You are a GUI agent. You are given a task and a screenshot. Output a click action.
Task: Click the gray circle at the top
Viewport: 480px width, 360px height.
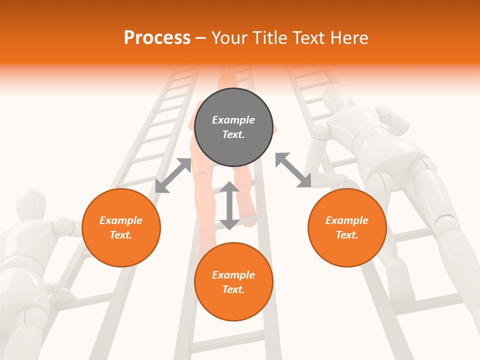pyautogui.click(x=233, y=127)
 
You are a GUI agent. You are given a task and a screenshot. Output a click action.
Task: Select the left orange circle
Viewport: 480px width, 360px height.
pyautogui.click(x=121, y=227)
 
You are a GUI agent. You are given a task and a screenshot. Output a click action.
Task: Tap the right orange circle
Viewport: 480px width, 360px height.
pyautogui.click(x=347, y=227)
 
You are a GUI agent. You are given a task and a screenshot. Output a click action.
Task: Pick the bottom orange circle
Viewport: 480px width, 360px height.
pyautogui.click(x=233, y=282)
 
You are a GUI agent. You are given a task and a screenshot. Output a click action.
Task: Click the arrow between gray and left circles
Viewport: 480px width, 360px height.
pyautogui.click(x=173, y=175)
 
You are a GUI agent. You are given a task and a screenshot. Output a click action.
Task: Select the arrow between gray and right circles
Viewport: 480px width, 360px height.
pyautogui.click(x=293, y=170)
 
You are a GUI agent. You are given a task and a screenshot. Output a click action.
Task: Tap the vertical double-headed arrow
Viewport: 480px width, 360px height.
pyautogui.click(x=229, y=205)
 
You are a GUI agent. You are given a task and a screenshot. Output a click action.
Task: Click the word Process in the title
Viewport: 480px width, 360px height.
pyautogui.click(x=157, y=37)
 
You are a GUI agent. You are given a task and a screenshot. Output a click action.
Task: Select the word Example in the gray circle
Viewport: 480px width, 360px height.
pyautogui.click(x=233, y=120)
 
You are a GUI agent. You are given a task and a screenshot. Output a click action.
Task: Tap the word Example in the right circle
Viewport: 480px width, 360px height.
pyautogui.click(x=347, y=220)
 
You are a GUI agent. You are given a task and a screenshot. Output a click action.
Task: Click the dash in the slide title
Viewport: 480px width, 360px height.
pyautogui.click(x=201, y=38)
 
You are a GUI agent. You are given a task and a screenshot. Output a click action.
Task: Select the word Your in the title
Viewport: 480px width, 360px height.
pyautogui.click(x=228, y=37)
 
